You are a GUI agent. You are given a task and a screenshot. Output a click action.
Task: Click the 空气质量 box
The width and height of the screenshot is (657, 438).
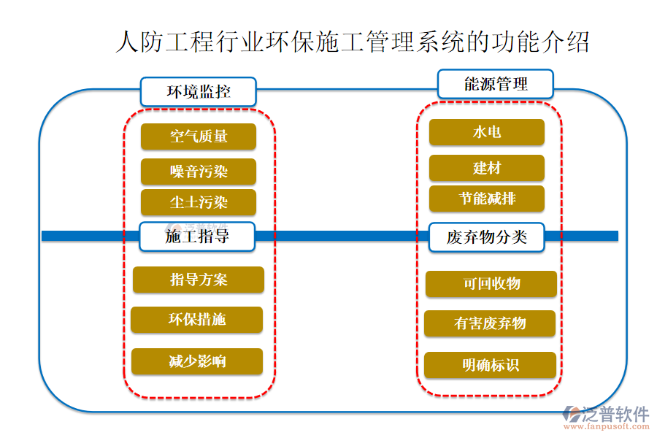(199, 137)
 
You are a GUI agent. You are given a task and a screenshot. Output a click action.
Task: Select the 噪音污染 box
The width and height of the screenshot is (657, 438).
(199, 172)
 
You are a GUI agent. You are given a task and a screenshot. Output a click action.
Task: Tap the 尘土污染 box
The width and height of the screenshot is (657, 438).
(199, 202)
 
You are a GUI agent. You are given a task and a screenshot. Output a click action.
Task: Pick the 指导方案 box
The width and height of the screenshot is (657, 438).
(199, 280)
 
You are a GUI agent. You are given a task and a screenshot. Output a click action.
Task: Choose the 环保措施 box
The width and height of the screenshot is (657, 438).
(197, 320)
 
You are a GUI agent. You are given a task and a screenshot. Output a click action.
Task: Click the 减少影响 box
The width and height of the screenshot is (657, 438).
(197, 361)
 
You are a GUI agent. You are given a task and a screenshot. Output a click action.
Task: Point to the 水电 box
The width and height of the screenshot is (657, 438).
(486, 132)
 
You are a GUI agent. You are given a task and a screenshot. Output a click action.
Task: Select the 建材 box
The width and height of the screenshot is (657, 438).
(486, 168)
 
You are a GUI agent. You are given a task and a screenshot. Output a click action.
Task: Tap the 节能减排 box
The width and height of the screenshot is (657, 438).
(486, 199)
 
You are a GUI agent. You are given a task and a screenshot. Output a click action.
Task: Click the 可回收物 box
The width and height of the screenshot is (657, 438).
(491, 284)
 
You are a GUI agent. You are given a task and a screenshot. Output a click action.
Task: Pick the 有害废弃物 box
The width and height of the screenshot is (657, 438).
(490, 323)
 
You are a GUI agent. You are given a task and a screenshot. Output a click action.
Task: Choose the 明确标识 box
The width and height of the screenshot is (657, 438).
(490, 365)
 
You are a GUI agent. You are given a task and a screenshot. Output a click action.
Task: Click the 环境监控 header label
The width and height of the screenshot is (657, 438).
(199, 92)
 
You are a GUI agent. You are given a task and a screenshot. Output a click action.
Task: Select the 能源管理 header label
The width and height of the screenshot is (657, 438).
(496, 83)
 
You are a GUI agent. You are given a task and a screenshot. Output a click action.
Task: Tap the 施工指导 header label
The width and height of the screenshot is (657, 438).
(197, 237)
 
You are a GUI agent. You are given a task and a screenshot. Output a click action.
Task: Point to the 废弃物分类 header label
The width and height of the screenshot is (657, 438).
(486, 237)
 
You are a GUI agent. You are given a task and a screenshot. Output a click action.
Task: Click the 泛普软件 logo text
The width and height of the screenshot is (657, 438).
(617, 414)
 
